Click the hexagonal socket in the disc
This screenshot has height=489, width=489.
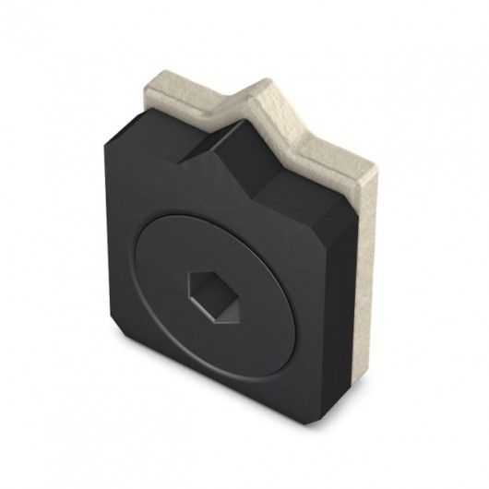click(213, 296)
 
